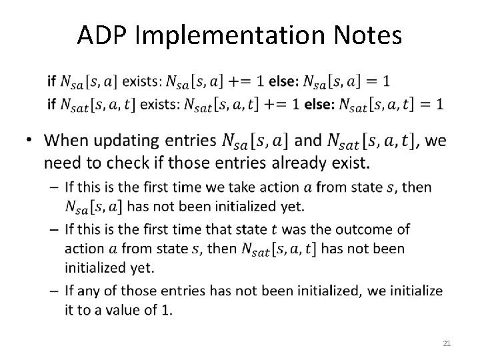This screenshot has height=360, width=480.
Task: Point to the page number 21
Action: (447, 343)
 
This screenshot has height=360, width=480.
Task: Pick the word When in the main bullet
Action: (69, 141)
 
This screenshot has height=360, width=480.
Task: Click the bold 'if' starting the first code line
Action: (51, 81)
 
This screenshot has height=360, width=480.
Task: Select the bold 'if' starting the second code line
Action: (51, 104)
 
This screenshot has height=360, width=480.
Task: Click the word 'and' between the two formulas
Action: (307, 141)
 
